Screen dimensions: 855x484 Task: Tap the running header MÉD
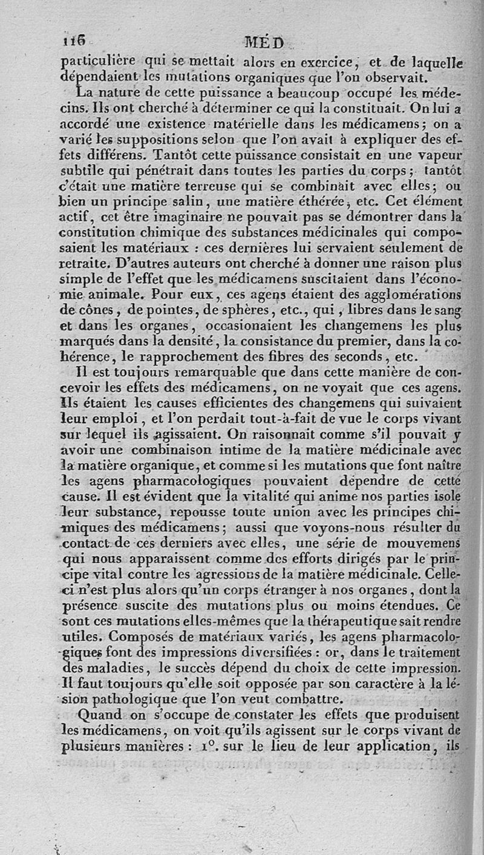(x=264, y=43)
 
